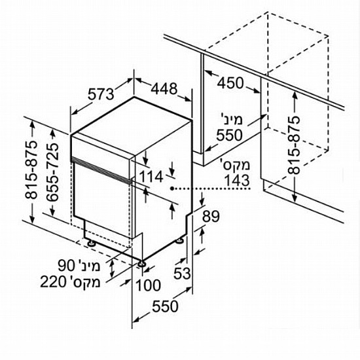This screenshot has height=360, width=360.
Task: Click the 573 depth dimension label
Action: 101,94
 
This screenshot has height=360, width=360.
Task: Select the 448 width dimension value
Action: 164,88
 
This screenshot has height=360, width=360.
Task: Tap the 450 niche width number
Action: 230,83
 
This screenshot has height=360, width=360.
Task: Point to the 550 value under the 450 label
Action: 229,135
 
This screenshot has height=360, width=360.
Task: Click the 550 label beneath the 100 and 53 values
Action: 165,306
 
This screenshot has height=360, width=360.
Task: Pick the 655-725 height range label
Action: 52,172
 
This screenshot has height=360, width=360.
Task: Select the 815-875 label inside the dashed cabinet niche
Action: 294,145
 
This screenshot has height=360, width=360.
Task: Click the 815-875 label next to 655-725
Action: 31,170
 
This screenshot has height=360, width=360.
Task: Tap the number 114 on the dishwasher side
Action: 152,177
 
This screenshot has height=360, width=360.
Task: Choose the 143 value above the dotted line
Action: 237,181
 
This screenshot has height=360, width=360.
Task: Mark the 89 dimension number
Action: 211,216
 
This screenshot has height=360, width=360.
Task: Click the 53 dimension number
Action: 182,274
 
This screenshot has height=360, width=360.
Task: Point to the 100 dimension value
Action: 149,285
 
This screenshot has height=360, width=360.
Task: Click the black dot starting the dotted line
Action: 171,189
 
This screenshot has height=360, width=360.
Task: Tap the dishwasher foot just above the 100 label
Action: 141,264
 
